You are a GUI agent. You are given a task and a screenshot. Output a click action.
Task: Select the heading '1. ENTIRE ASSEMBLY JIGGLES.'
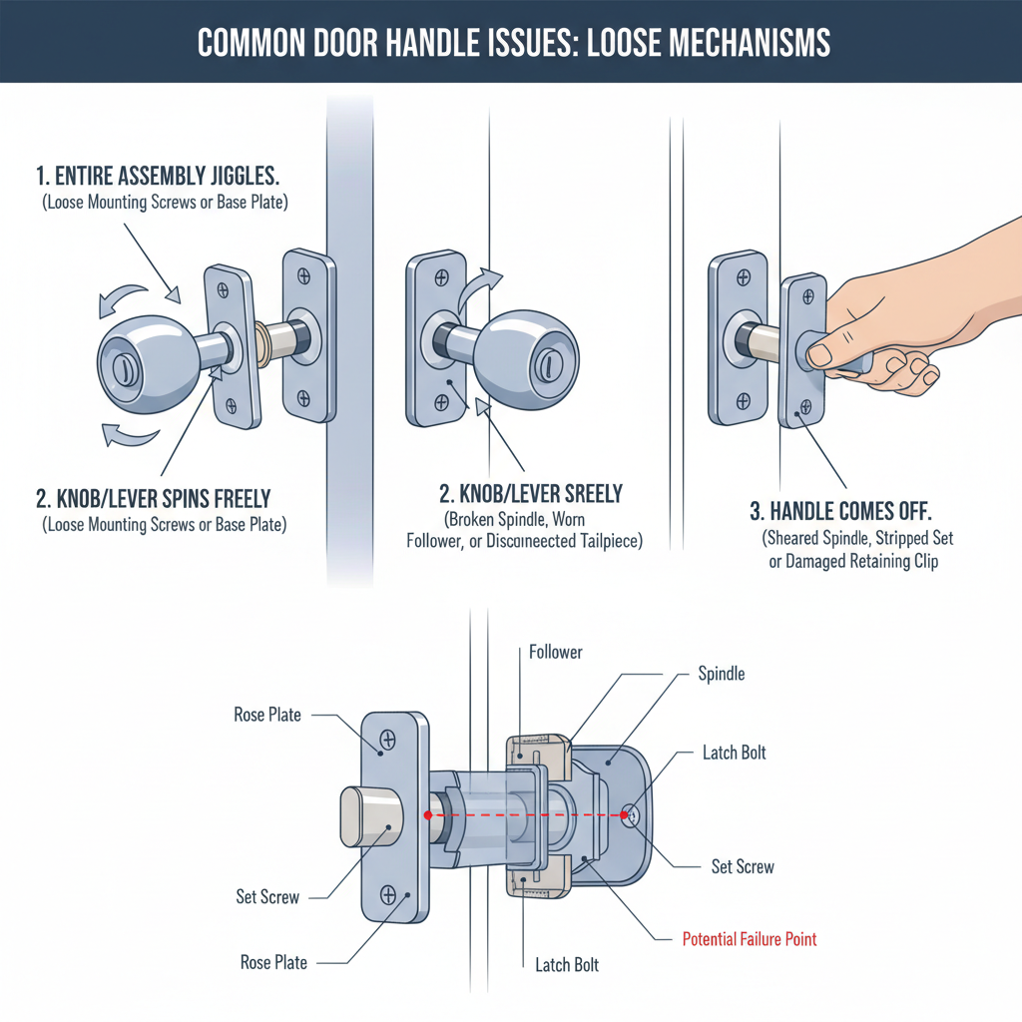tap(158, 177)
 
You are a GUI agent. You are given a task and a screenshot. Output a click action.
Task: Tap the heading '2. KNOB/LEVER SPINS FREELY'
tap(153, 498)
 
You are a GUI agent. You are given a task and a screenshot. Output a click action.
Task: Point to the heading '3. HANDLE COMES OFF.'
tap(840, 512)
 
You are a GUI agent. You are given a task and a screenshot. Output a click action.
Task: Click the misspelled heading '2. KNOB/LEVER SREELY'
tap(531, 492)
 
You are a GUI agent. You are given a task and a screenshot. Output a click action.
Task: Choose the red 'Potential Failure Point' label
tap(749, 939)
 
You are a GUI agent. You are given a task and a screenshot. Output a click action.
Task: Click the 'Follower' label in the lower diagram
tap(555, 652)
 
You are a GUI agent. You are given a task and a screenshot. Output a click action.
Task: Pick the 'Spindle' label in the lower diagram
tap(721, 675)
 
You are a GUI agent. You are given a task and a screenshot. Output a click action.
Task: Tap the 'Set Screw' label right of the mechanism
tap(742, 866)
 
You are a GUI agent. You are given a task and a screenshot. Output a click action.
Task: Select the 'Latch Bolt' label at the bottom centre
tap(566, 965)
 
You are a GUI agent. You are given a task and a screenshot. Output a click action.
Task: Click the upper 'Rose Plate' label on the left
tap(267, 715)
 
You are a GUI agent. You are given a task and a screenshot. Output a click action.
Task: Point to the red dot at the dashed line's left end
tap(428, 815)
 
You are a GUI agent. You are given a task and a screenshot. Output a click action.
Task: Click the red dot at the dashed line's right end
tap(625, 815)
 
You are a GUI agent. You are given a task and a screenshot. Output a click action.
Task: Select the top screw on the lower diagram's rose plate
tap(388, 740)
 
